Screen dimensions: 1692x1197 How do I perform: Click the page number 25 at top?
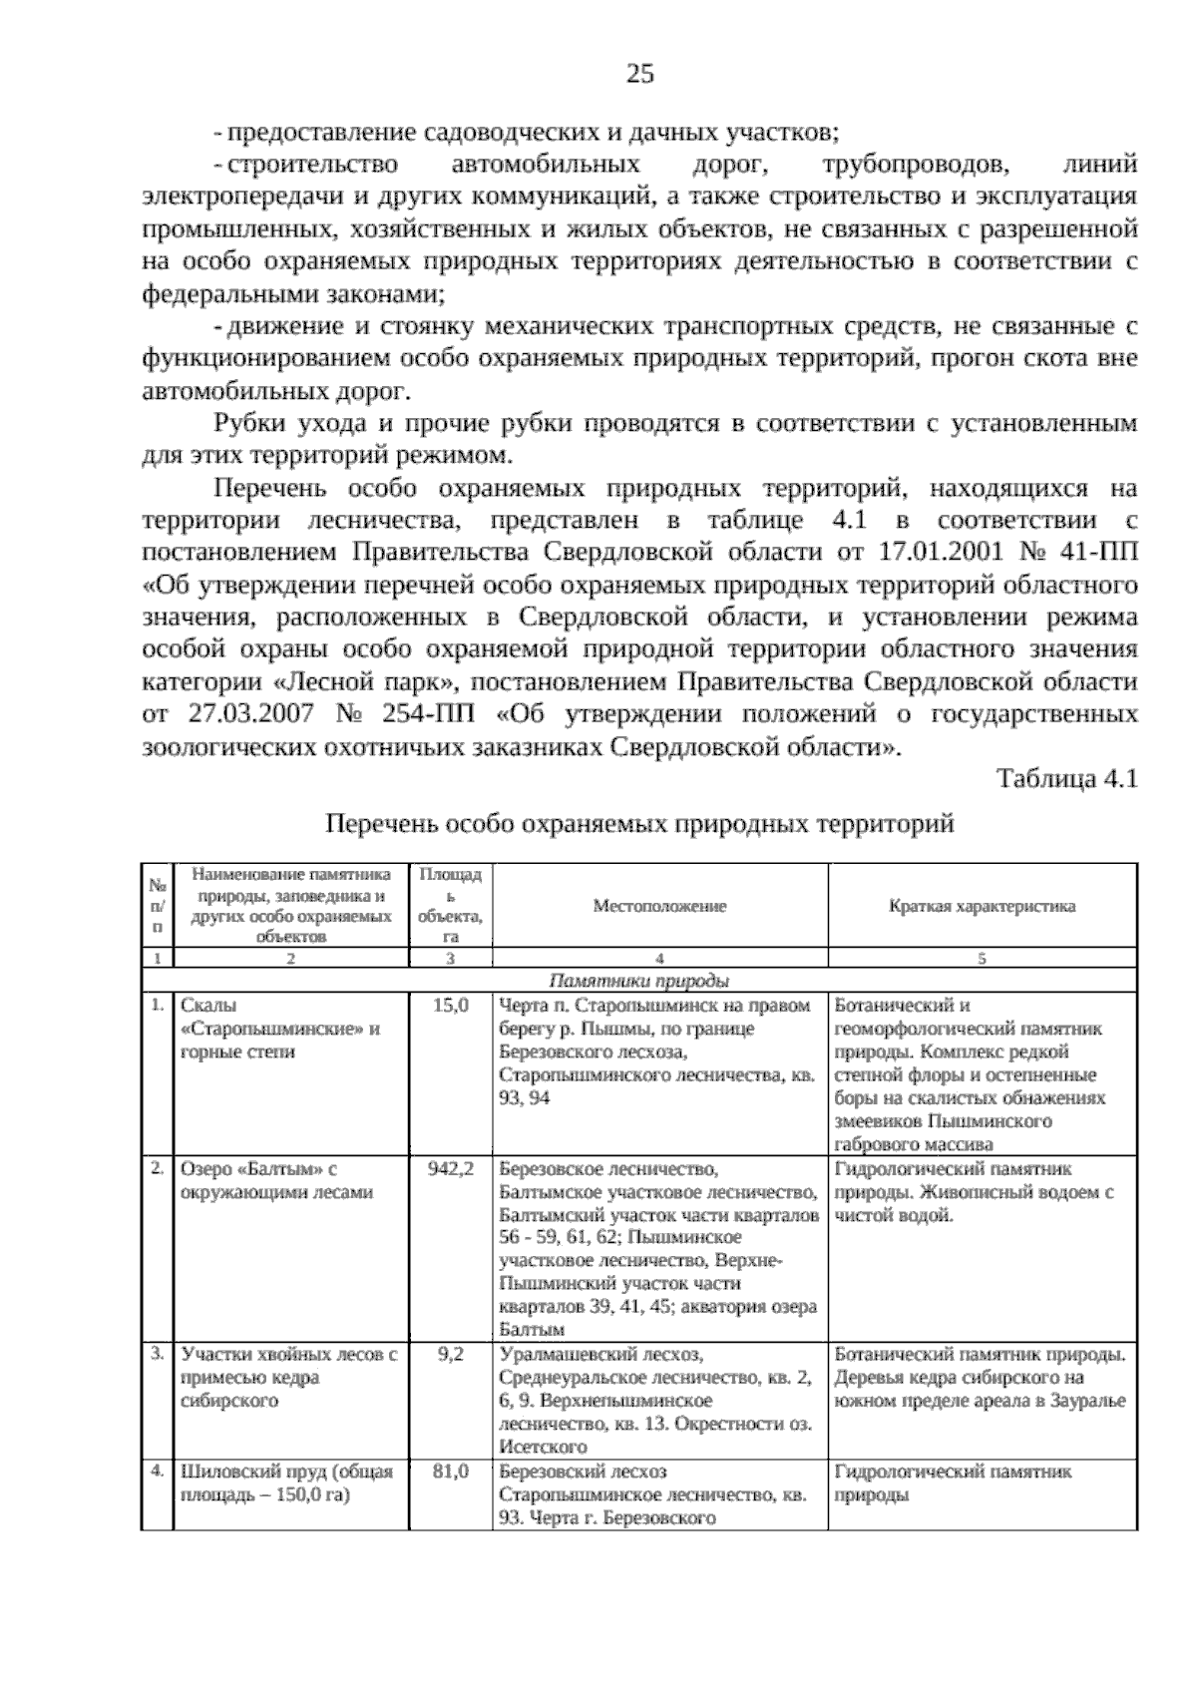click(x=639, y=73)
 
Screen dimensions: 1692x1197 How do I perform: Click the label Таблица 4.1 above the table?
click(x=1067, y=779)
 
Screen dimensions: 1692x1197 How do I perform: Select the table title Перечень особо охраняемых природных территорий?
click(x=639, y=824)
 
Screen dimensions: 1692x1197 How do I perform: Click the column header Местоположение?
click(x=659, y=906)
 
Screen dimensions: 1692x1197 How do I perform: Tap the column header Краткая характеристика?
click(x=982, y=906)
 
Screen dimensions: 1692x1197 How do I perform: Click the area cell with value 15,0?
click(x=451, y=1006)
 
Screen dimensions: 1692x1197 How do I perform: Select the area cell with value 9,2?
click(x=451, y=1355)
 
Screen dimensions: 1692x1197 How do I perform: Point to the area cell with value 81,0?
click(x=451, y=1472)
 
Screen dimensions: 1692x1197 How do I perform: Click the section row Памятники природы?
click(x=639, y=980)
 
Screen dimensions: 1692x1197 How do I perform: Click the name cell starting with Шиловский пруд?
click(x=286, y=1482)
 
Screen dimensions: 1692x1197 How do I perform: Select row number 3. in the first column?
click(x=157, y=1354)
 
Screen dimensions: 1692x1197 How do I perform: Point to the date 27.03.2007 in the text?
click(x=250, y=714)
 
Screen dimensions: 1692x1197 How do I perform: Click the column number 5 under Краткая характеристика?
click(x=982, y=959)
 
